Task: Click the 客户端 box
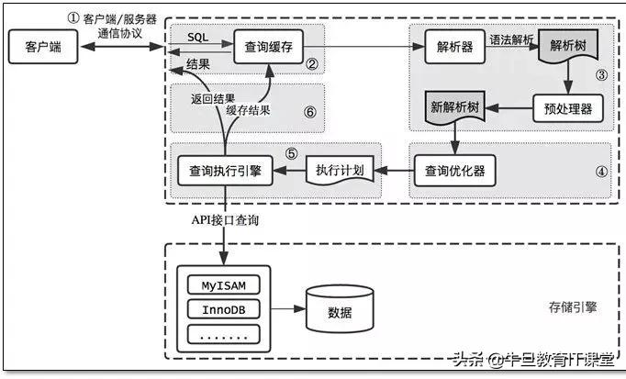tap(37, 47)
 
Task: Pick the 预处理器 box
tap(562, 109)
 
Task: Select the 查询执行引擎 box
tap(225, 170)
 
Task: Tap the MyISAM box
tap(224, 284)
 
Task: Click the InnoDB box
tap(224, 309)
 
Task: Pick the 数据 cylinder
tap(340, 309)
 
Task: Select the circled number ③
tap(601, 76)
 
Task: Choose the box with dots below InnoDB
tap(224, 334)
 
